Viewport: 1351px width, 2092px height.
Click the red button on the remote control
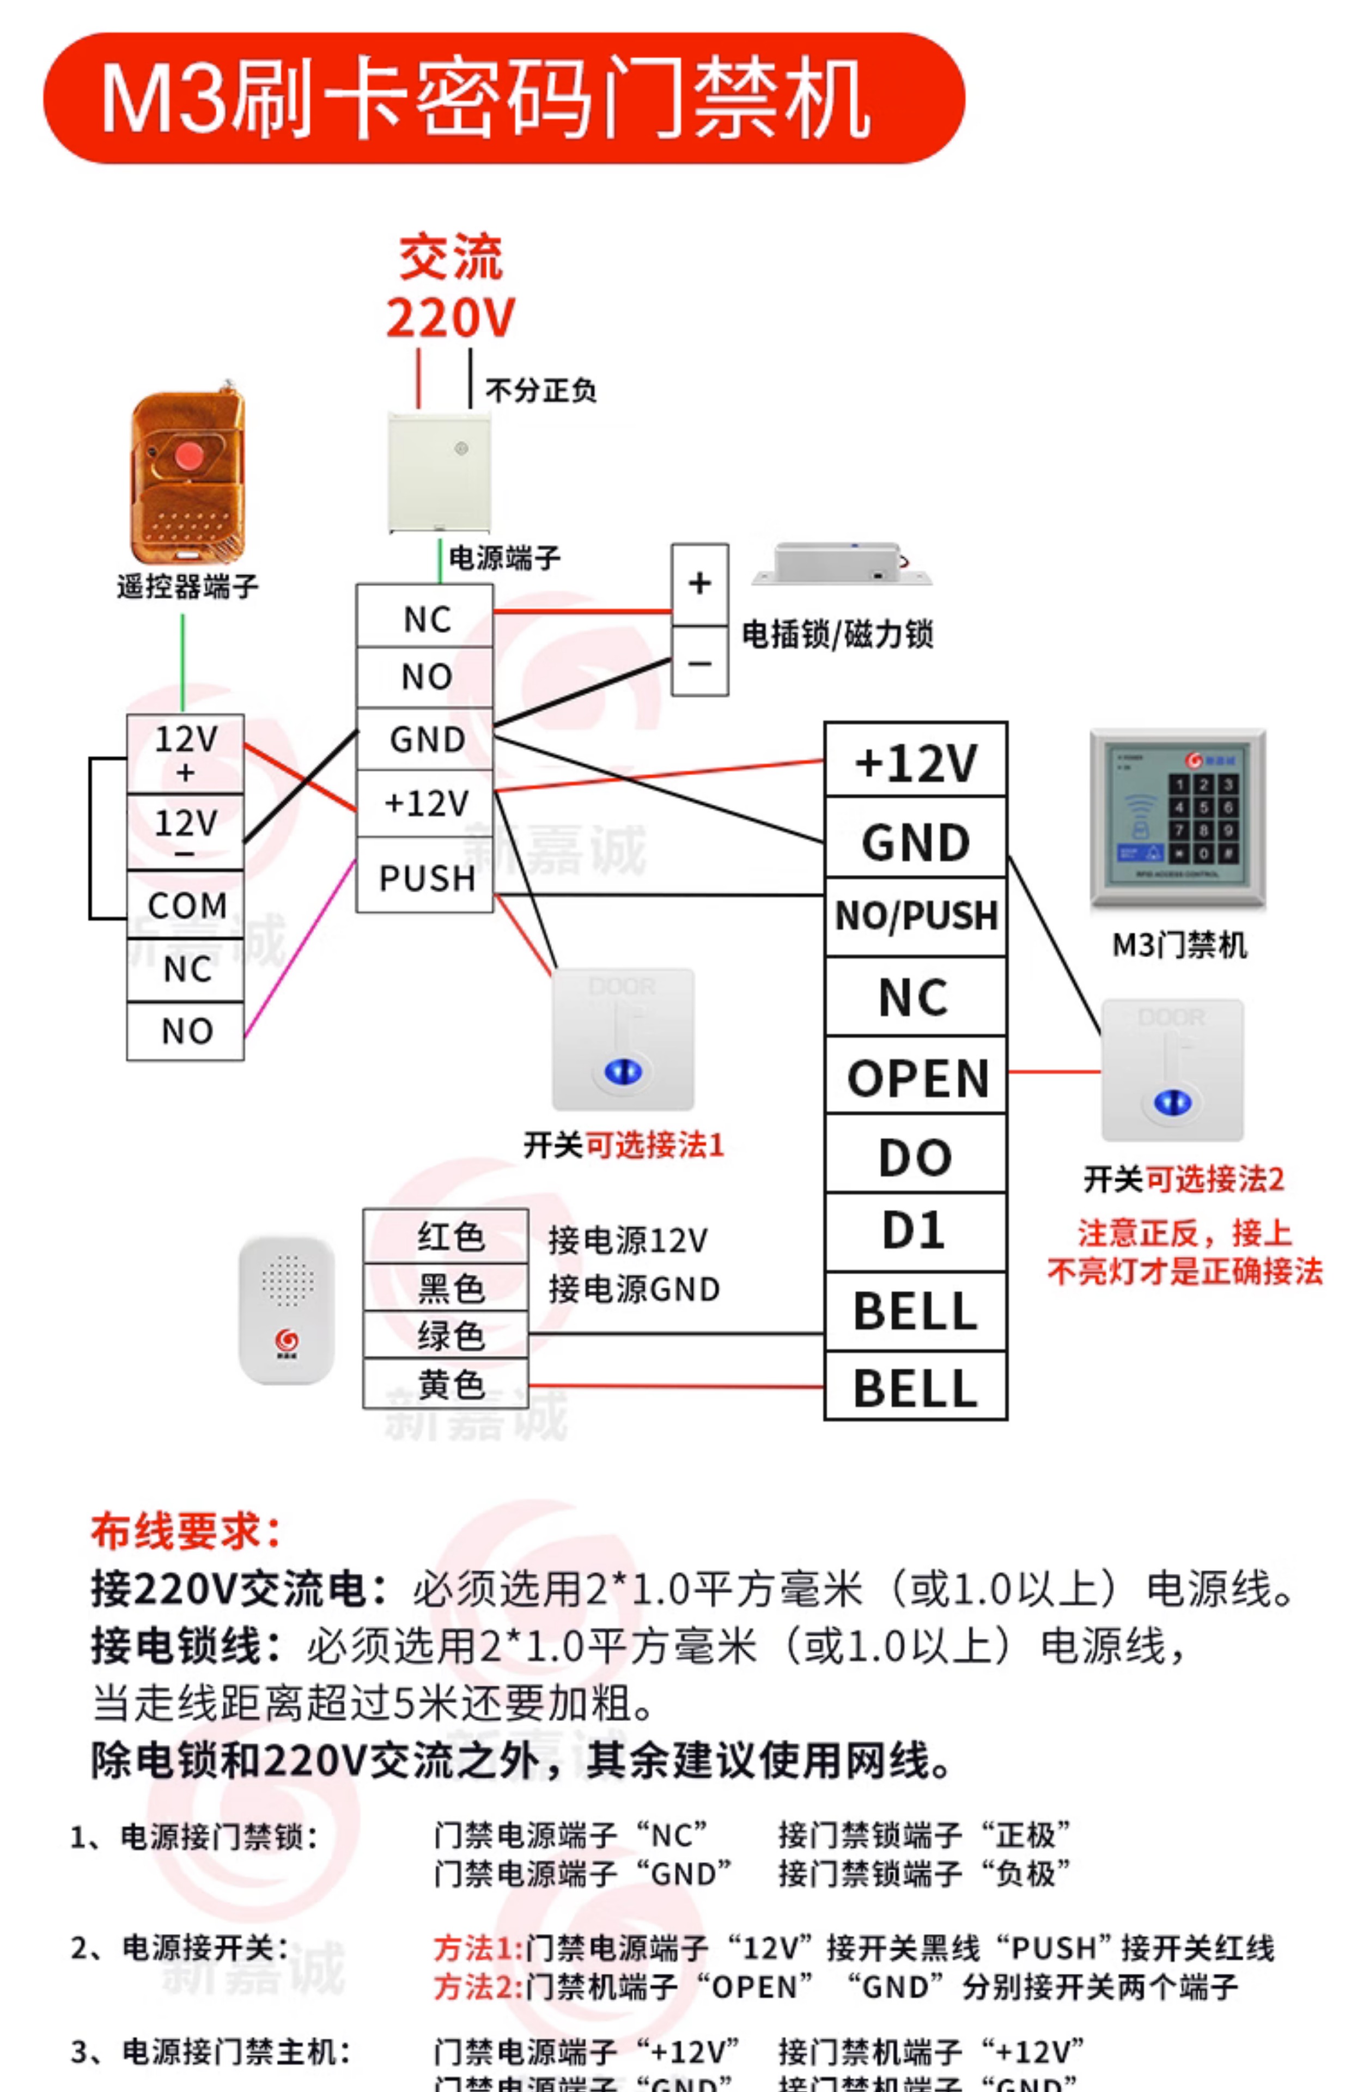click(x=188, y=456)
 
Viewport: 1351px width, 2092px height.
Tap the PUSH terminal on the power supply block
click(x=427, y=877)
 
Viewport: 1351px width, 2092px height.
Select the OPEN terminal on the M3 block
click(x=917, y=1077)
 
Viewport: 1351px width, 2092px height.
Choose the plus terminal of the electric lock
click(x=699, y=583)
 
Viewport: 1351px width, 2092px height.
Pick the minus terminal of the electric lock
click(x=699, y=662)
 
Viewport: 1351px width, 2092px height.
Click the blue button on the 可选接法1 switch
click(x=623, y=1070)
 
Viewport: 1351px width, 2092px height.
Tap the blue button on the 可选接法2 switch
click(x=1172, y=1102)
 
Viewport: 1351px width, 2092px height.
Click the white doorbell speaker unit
click(x=287, y=1310)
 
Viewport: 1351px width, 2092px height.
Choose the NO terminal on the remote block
click(x=186, y=1031)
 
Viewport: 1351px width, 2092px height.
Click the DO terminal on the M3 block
click(x=915, y=1156)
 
